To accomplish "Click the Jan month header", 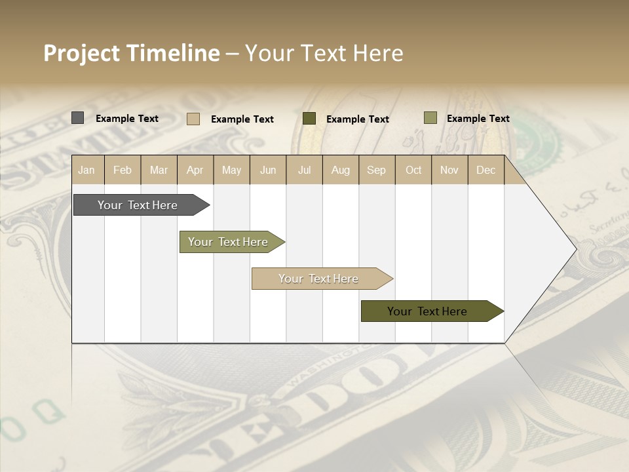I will click(86, 170).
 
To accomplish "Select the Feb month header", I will click(123, 170).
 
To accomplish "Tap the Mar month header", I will click(159, 170).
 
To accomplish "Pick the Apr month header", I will click(195, 170).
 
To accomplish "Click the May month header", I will click(231, 170).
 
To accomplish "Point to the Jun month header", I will click(268, 170).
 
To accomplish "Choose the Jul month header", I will click(304, 170).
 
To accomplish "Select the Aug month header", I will click(340, 170).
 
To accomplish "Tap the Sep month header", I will click(376, 170).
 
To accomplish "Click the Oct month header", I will click(413, 170).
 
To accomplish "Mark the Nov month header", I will click(449, 170).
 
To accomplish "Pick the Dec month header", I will click(486, 170).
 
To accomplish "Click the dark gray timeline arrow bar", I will click(138, 205).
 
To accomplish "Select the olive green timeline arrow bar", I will click(228, 242).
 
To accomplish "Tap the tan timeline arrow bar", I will click(318, 279).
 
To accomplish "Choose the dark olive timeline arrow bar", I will click(427, 311).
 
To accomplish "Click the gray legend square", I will click(77, 118).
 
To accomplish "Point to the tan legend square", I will click(193, 119).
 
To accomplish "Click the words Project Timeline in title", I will click(131, 53).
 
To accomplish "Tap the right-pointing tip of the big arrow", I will click(574, 248).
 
